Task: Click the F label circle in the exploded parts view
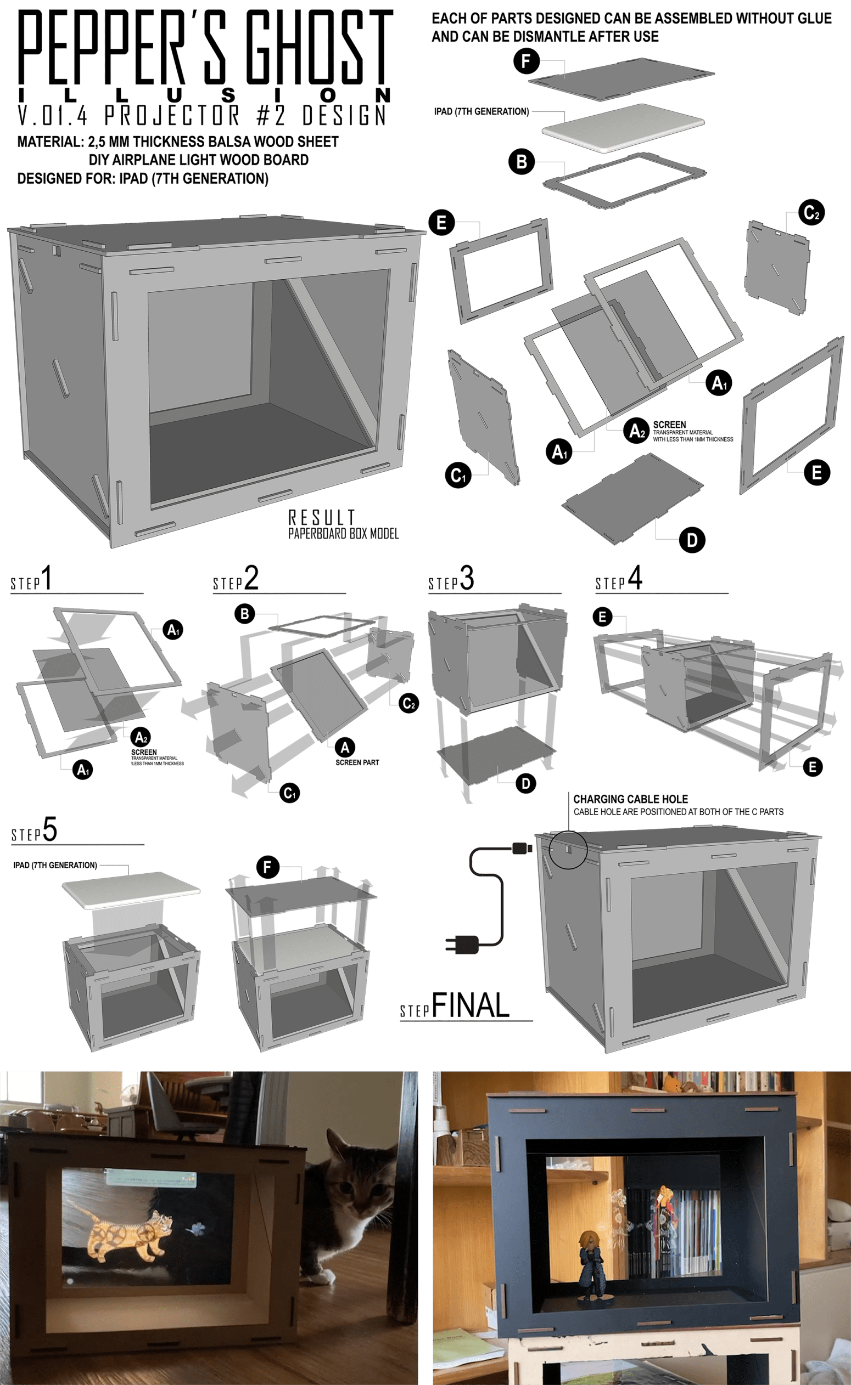[525, 61]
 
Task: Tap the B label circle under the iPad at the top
[522, 161]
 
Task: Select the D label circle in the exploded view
[692, 540]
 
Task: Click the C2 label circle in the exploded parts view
[811, 213]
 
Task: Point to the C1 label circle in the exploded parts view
[458, 476]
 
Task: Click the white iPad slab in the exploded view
[622, 127]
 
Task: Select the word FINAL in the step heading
[471, 1005]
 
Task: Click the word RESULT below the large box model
[321, 517]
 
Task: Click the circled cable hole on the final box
[568, 850]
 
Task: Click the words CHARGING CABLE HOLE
[630, 799]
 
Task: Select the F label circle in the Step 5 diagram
[267, 867]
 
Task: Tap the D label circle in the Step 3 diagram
[525, 783]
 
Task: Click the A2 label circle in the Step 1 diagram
[141, 737]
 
